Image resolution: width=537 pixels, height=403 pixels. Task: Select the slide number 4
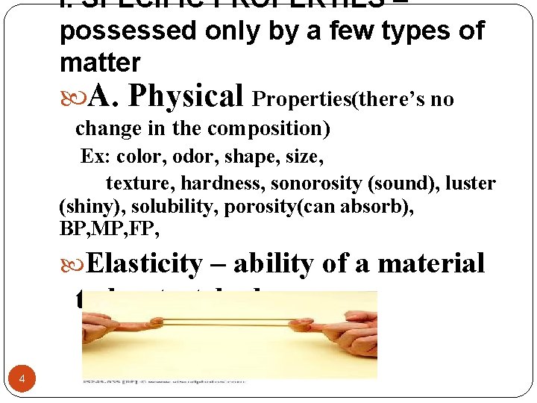pos(22,380)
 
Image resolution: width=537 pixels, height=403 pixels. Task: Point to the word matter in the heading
pos(99,62)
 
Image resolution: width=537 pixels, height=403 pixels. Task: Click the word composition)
pos(268,128)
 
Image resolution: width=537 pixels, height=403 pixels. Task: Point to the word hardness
pos(230,184)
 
